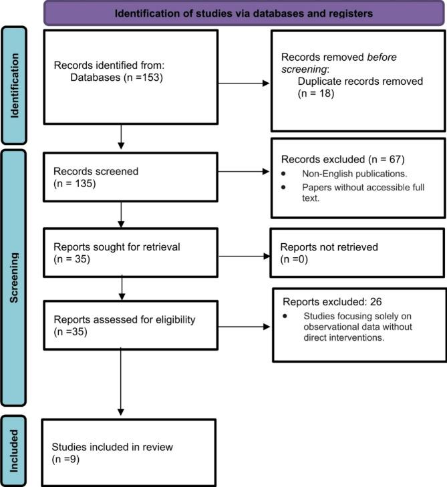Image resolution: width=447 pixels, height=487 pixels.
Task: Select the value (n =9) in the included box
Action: click(x=65, y=460)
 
